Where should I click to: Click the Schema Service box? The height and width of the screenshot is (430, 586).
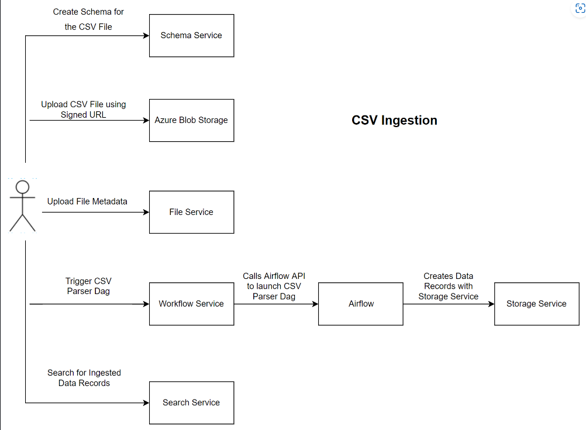point(191,36)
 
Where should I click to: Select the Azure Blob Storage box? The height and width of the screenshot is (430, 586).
point(191,120)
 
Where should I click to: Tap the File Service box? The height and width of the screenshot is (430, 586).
point(191,212)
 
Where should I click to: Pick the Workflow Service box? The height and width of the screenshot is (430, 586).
point(191,304)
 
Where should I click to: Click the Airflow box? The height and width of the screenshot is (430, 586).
point(361,304)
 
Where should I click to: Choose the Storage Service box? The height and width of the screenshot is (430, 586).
point(536,304)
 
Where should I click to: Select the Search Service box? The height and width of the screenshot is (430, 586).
point(191,403)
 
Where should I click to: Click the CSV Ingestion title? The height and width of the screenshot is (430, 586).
point(394,120)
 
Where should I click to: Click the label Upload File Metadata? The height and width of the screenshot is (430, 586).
point(87,201)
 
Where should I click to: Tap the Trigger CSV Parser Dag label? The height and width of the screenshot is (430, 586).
point(88,286)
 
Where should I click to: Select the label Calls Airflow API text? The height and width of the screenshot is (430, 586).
point(274,286)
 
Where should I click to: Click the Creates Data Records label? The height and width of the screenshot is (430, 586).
point(449,286)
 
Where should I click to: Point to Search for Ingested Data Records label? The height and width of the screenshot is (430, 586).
point(84,378)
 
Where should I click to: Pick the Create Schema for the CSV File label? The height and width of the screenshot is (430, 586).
point(88,19)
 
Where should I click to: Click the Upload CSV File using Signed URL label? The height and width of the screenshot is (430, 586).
point(84,110)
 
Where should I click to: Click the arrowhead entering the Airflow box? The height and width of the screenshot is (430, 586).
point(315,304)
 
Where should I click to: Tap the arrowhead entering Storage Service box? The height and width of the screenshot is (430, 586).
point(491,304)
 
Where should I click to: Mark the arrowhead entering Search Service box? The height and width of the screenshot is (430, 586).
point(146,403)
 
